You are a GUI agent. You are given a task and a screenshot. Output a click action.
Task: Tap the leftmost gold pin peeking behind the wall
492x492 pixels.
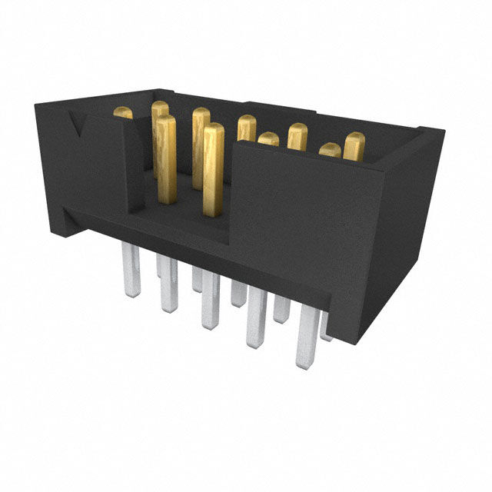coord(123,113)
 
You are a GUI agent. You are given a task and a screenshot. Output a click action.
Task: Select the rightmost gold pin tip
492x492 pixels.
coord(354,145)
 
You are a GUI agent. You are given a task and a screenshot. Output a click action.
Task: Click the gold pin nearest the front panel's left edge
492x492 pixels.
coord(214,169)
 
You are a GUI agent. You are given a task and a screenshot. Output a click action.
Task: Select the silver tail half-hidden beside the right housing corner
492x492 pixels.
coord(326,326)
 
